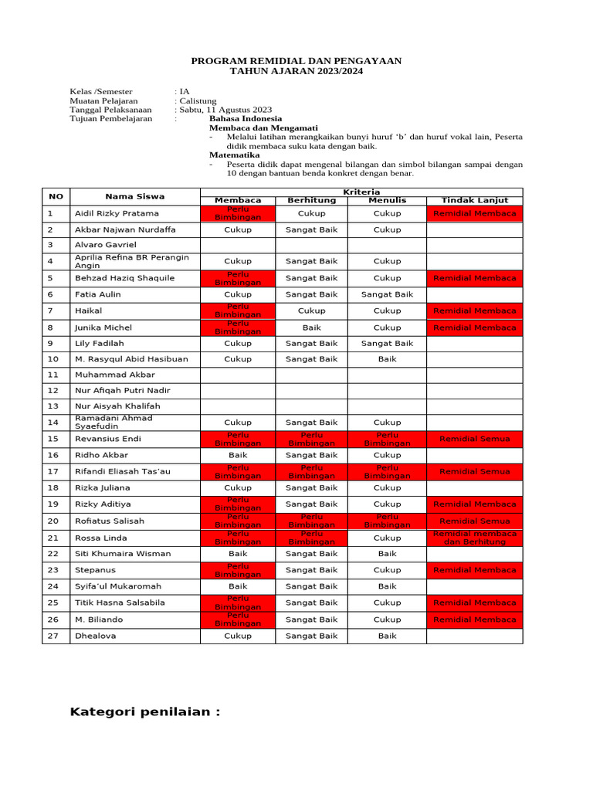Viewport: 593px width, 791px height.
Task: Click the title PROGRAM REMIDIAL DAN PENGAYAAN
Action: pos(296,61)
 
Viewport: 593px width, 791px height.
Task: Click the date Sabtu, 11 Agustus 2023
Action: pos(225,110)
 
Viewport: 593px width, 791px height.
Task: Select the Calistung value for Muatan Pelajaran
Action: pos(198,100)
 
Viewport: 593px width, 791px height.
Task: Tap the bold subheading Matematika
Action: pos(236,154)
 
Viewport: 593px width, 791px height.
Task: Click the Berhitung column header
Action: pos(311,200)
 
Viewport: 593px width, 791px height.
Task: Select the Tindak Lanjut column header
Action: pos(474,200)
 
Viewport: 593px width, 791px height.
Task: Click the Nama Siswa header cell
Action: pos(134,196)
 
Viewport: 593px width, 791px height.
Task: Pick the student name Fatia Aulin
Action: pos(97,294)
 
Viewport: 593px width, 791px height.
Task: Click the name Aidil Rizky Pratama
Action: pos(117,213)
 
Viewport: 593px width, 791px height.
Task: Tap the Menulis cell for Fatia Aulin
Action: pos(387,294)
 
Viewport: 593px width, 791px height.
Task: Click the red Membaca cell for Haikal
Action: pos(238,311)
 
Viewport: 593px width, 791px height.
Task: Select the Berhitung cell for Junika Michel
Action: pos(311,328)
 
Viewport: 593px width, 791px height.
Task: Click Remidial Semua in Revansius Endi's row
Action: pos(474,439)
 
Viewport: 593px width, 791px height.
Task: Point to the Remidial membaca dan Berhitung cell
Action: pos(474,538)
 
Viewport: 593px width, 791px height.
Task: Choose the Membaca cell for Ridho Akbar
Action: pos(238,455)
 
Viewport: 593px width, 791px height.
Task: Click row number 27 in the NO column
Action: pos(53,636)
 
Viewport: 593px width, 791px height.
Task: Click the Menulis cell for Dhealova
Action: pos(387,636)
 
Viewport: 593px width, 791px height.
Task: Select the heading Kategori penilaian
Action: pos(145,711)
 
